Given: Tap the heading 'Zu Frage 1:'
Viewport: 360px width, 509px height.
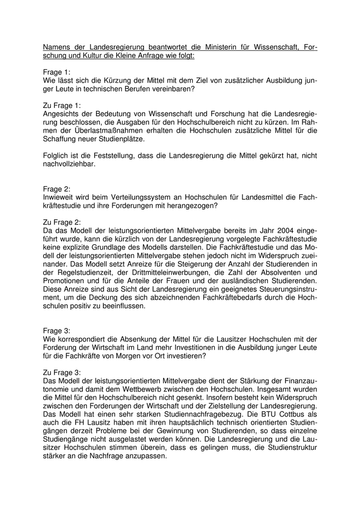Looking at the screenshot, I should pos(62,105).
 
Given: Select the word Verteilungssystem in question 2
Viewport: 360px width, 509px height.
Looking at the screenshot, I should pos(144,197).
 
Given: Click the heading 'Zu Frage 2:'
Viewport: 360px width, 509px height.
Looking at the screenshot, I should pos(62,222).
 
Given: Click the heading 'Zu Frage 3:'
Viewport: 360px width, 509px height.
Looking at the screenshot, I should pos(62,372).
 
